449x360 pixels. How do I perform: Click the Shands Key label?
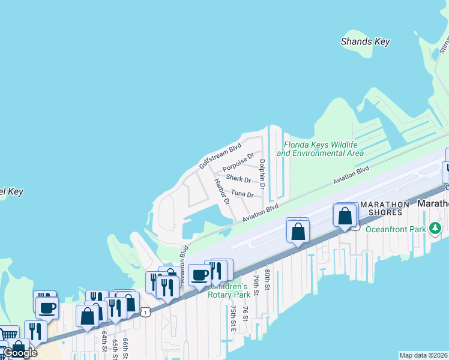[365, 42]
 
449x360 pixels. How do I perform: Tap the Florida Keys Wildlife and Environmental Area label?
[321, 149]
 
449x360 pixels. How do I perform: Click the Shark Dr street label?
[238, 179]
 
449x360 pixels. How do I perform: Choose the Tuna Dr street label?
[243, 194]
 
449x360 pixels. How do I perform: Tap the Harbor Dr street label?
[222, 191]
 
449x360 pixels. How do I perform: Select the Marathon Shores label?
[384, 208]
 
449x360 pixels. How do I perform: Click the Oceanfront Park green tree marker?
[435, 229]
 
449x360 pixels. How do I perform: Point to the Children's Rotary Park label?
[229, 290]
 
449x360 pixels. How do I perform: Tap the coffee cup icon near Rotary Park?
[199, 275]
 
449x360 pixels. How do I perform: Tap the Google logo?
[19, 353]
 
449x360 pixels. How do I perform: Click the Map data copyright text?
[423, 355]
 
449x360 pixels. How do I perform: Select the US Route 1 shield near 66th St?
[145, 311]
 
